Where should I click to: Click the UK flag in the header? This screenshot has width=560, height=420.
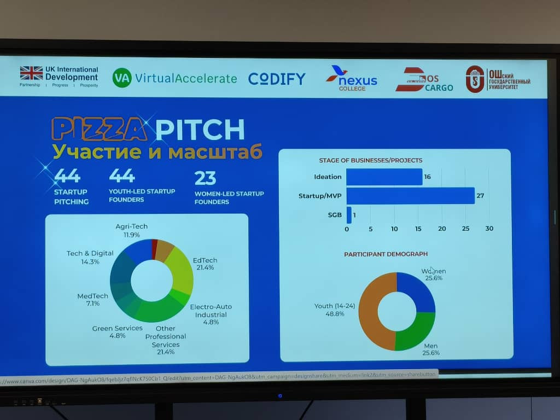(x=31, y=73)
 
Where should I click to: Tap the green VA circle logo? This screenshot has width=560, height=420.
(x=122, y=78)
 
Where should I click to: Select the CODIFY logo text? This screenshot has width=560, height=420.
(x=277, y=79)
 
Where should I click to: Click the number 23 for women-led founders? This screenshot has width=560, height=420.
(x=205, y=178)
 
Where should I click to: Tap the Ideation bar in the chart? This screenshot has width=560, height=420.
(x=384, y=177)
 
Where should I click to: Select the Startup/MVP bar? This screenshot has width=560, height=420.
(x=410, y=195)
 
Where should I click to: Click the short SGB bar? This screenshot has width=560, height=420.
(x=349, y=214)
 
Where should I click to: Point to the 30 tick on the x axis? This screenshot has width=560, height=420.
(x=489, y=229)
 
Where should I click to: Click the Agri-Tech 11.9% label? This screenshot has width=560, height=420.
(x=132, y=230)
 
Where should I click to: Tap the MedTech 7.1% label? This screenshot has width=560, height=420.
(x=92, y=300)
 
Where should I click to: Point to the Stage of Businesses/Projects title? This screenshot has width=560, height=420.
(x=370, y=160)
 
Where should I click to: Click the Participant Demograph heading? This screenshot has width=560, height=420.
(x=386, y=254)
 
